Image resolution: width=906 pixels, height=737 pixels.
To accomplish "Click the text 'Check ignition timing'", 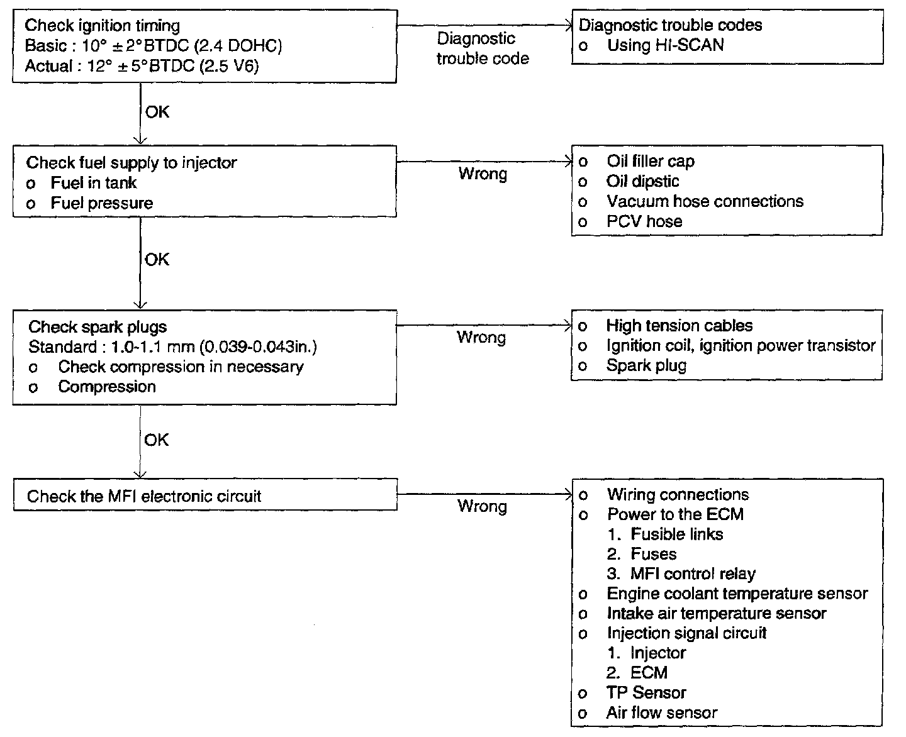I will pos(102,26).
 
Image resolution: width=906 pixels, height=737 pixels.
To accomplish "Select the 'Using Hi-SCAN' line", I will pos(665,45).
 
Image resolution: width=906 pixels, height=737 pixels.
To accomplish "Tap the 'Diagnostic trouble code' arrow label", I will pos(482,48).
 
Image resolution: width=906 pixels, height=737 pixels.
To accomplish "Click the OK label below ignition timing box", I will pos(157,112).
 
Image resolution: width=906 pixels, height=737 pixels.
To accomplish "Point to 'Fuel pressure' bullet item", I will pos(101,203).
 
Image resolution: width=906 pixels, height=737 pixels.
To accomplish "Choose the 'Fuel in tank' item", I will pos(93,183).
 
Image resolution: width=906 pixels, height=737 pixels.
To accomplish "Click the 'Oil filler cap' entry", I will pos(650,162).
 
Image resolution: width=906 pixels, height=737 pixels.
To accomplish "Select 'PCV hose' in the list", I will pos(644,221).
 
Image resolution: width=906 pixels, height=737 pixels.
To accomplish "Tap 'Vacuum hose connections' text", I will pos(705,201).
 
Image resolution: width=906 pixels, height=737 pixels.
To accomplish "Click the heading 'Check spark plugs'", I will pos(98,327).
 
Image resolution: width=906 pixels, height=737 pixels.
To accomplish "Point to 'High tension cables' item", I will pos(679,326).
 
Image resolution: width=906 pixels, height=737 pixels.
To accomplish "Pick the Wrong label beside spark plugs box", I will pos(481,338).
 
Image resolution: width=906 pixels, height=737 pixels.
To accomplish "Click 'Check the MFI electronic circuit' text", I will pos(143,496).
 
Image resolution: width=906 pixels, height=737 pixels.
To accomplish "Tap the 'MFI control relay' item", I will pos(692,574).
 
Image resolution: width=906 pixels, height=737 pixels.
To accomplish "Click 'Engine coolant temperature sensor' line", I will pos(737,594).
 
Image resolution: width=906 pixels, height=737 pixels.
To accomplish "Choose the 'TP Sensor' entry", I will pos(646,693).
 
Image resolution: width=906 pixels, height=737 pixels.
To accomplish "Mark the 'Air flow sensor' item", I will pos(661,713).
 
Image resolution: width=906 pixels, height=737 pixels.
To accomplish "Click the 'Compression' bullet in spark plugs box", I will pos(106,387).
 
